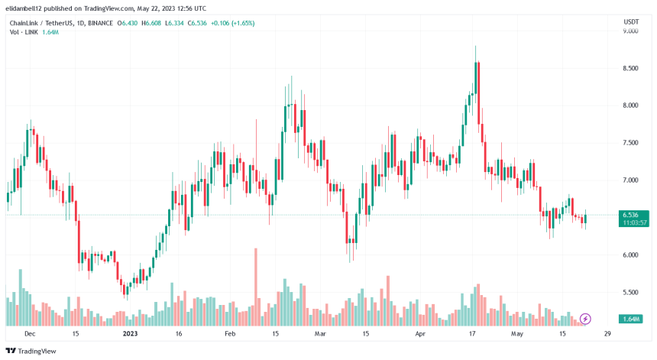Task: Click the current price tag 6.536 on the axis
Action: (x=633, y=215)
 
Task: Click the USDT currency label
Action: (x=631, y=22)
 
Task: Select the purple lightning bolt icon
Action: (x=586, y=318)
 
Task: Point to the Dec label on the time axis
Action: (x=29, y=334)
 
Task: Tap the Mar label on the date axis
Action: (x=320, y=334)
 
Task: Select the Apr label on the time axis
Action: (x=419, y=334)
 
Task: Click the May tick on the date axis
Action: (x=517, y=334)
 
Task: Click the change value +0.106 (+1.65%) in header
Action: (x=232, y=23)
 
